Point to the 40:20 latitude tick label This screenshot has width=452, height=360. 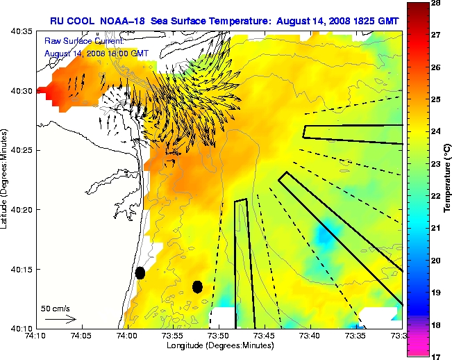(x=21, y=209)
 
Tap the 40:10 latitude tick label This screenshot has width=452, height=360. (x=21, y=327)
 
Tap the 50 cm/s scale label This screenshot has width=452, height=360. (x=56, y=308)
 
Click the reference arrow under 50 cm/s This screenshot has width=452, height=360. (x=61, y=319)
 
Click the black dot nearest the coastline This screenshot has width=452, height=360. (x=140, y=272)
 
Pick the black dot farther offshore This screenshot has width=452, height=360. (x=197, y=286)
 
